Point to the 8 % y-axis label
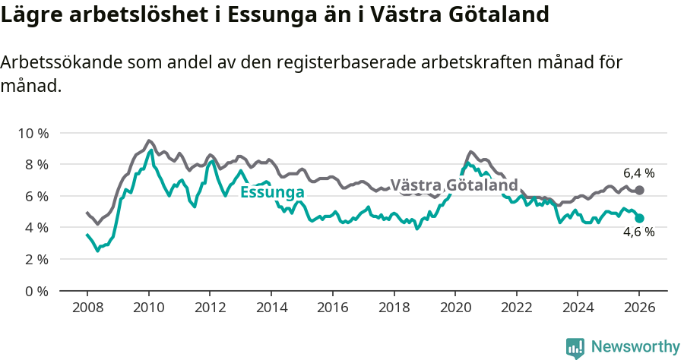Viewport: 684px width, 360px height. coord(34,164)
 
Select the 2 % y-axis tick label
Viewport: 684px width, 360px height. coord(34,259)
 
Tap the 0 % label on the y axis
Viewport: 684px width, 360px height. coord(34,291)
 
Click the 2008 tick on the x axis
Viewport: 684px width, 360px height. coord(87,308)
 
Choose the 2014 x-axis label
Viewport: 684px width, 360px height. coord(271,308)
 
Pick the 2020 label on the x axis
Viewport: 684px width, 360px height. coord(454,308)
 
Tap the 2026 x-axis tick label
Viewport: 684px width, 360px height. coord(638,308)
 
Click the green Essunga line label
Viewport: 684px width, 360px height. coord(272,192)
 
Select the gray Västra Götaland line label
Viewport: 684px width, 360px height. coord(454,185)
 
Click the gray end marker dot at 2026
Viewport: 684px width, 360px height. coord(639,190)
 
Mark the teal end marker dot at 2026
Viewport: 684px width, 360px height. coord(639,218)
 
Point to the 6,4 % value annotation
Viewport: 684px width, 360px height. coord(638,172)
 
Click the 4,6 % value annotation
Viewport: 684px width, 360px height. coord(638,233)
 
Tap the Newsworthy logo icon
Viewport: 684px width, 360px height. coord(575,347)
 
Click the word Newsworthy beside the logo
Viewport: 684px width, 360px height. coord(635,347)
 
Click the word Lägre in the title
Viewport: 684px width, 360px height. coord(29,15)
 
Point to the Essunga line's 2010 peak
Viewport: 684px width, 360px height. coord(151,150)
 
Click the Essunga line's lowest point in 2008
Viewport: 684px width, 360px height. coord(97,250)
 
